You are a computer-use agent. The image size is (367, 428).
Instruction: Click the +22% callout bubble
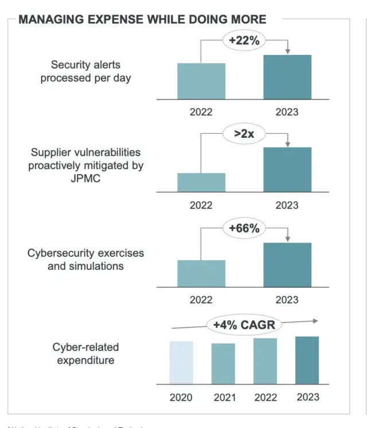[x=244, y=41]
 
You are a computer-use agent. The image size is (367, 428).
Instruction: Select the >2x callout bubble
[x=244, y=135]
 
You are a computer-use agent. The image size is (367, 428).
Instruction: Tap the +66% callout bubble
[x=244, y=228]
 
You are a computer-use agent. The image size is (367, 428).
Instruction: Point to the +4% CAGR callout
[x=244, y=326]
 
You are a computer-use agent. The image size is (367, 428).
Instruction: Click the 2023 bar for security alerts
[x=287, y=77]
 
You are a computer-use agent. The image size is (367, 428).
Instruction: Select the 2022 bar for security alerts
[x=201, y=81]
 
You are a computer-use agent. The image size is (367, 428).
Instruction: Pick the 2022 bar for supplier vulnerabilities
[x=201, y=183]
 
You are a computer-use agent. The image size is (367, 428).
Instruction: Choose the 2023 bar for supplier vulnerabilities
[x=287, y=169]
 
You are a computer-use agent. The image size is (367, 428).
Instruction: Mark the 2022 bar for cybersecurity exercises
[x=201, y=274]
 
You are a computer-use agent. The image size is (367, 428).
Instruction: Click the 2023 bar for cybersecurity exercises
[x=287, y=265]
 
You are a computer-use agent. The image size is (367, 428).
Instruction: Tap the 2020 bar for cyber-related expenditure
[x=181, y=362]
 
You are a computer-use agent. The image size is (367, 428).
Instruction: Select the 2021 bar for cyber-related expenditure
[x=223, y=363]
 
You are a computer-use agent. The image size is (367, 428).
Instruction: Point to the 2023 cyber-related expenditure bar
[x=307, y=360]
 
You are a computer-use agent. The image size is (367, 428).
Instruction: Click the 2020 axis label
[x=181, y=397]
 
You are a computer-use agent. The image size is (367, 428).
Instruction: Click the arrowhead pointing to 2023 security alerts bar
[x=288, y=51]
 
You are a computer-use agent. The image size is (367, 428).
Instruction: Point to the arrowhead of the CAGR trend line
[x=315, y=322]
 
